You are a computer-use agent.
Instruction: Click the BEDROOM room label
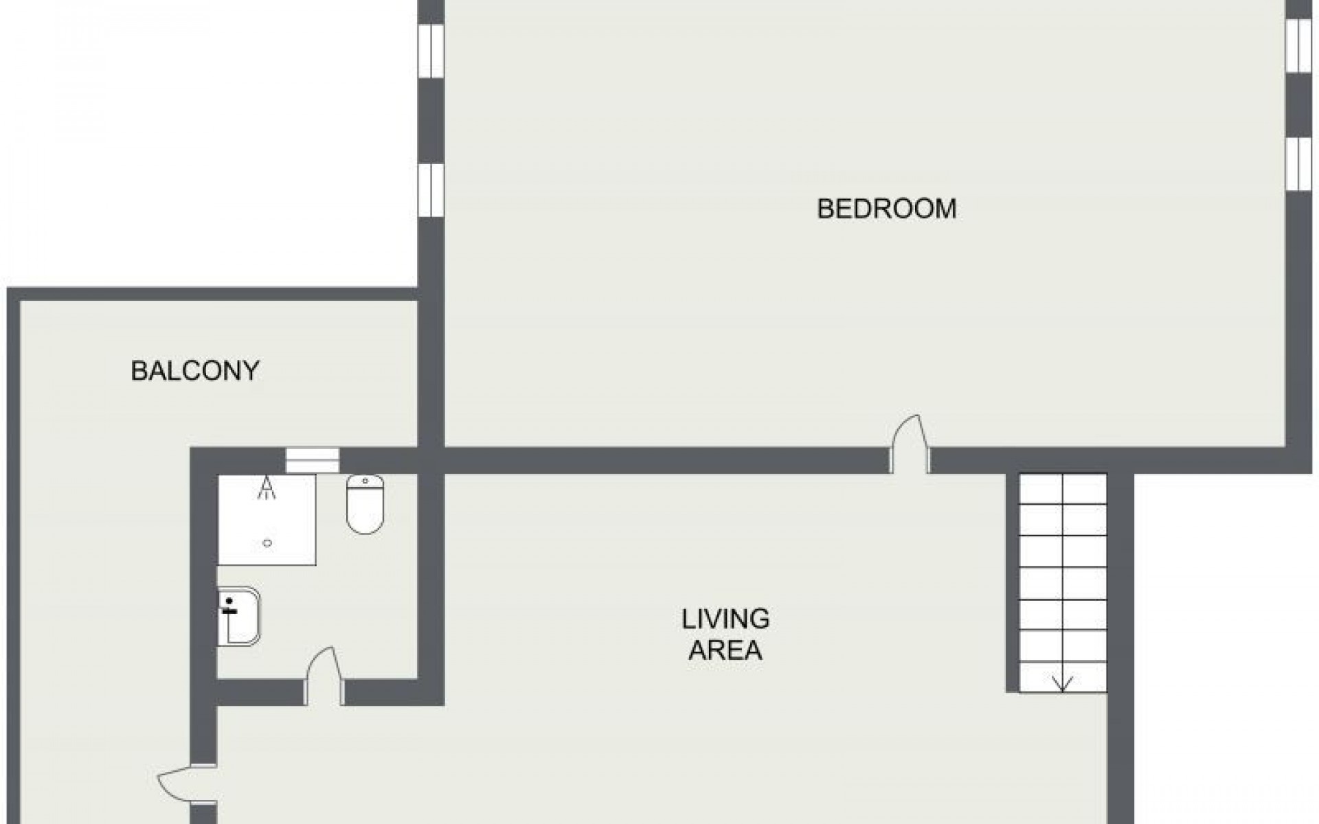pos(886,208)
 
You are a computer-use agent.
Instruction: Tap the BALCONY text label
pos(195,371)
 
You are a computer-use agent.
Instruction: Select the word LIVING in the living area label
pos(725,619)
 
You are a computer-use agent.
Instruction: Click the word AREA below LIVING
pos(725,650)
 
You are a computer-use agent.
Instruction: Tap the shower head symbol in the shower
pos(266,488)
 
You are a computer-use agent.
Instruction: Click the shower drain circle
pos(267,543)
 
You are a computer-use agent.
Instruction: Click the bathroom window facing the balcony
pos(313,459)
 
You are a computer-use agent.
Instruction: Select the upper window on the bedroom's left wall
pos(431,52)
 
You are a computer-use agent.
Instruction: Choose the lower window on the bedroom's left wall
pos(431,190)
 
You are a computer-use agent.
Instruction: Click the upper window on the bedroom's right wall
pos(1298,45)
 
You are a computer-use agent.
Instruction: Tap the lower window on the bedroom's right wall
pos(1298,163)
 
